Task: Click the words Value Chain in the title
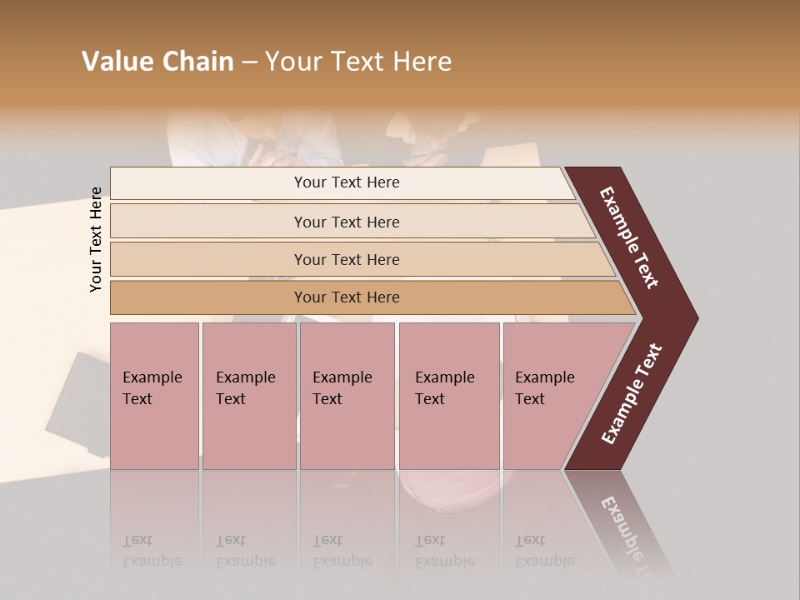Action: click(157, 62)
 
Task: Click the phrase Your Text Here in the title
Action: click(358, 62)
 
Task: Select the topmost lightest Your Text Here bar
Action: click(347, 182)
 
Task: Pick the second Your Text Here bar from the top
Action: click(347, 222)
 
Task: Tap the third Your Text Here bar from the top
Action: click(347, 259)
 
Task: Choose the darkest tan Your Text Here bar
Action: click(347, 297)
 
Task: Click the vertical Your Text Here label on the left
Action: click(97, 239)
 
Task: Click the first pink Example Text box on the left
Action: click(154, 395)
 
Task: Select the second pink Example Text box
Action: click(248, 395)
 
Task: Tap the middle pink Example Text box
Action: click(347, 395)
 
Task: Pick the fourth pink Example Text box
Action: click(449, 395)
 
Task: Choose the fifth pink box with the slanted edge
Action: click(554, 395)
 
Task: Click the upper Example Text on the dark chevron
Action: click(629, 238)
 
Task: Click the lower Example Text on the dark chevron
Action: click(632, 393)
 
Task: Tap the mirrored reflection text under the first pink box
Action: click(152, 551)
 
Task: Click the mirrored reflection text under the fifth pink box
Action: click(544, 551)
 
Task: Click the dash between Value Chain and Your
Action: click(249, 62)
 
